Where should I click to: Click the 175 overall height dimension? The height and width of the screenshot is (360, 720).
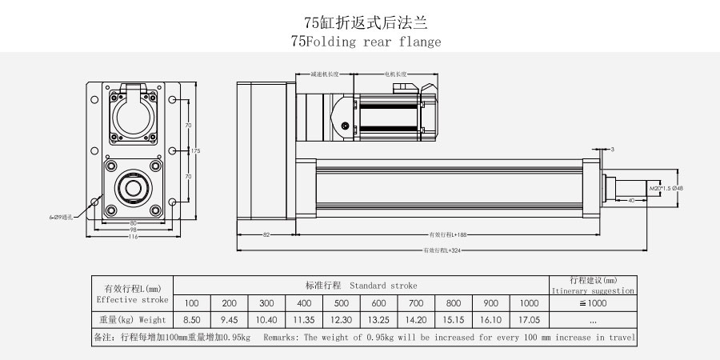tap(194, 150)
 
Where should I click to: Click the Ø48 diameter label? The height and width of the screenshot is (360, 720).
tap(677, 189)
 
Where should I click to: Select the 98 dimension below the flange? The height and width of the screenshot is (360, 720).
tap(134, 230)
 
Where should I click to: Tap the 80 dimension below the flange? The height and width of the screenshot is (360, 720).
tap(134, 223)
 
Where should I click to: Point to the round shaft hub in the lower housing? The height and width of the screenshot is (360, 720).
tap(133, 189)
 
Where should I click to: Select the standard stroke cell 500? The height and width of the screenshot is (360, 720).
tap(342, 303)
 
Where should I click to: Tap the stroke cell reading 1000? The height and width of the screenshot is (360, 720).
tap(529, 303)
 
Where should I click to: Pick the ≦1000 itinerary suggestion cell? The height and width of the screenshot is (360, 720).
tap(592, 303)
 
